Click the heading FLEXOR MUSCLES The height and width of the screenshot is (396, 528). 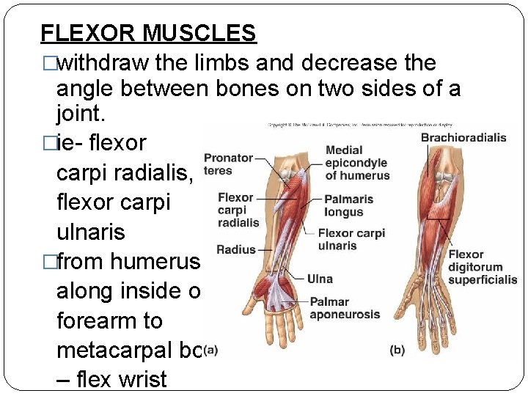pos(148,33)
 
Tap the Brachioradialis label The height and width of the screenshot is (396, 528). pos(463,137)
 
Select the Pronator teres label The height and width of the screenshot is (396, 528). pos(228,164)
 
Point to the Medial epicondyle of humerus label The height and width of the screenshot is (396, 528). pos(356,163)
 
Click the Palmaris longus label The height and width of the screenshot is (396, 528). pos(348,205)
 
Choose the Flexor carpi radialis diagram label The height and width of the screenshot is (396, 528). pos(238,210)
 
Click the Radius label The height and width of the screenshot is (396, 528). pos(235,249)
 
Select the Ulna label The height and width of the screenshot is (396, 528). pos(320,279)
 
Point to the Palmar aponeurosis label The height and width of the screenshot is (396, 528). pos(345,308)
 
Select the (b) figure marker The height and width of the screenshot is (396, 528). pos(397,350)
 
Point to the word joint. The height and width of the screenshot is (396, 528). pos(80,114)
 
